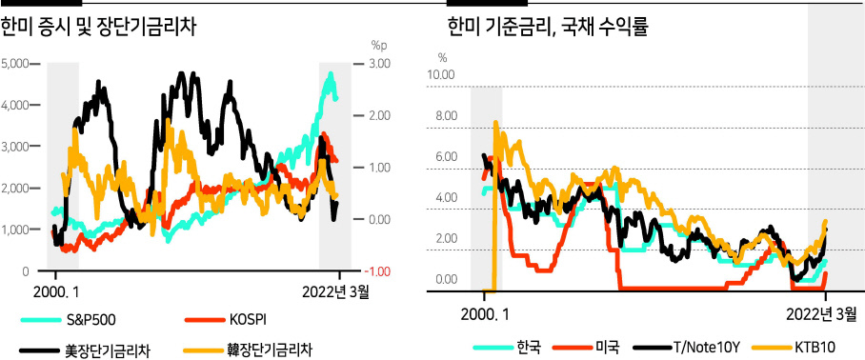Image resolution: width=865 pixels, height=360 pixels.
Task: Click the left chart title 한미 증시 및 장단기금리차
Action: pyautogui.click(x=99, y=27)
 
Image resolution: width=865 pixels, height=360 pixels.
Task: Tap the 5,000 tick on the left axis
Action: pyautogui.click(x=15, y=64)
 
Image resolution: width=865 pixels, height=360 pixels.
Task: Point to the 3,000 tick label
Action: pyautogui.click(x=15, y=147)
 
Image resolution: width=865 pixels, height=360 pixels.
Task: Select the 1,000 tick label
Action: pyautogui.click(x=15, y=230)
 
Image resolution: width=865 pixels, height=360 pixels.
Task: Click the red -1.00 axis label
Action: pyautogui.click(x=379, y=271)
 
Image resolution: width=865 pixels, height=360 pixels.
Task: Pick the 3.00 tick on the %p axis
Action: pyautogui.click(x=379, y=64)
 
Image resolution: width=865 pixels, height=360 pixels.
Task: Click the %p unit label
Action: pyautogui.click(x=379, y=44)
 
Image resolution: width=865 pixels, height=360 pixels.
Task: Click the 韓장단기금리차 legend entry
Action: pyautogui.click(x=249, y=350)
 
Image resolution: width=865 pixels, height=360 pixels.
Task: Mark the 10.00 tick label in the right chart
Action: pyautogui.click(x=441, y=74)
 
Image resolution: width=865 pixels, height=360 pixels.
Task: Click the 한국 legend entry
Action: pyautogui.click(x=508, y=347)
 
